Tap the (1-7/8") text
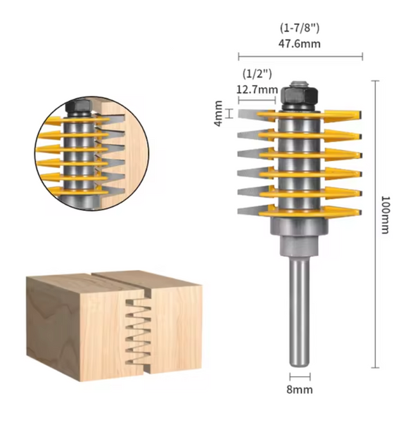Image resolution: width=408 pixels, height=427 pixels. coord(300,29)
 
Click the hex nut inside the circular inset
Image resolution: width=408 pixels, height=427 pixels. coord(78,108)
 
